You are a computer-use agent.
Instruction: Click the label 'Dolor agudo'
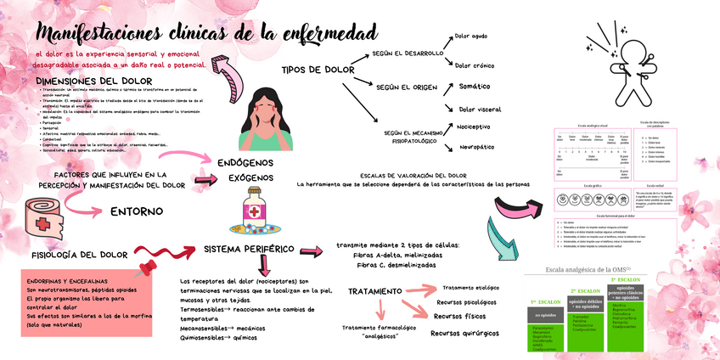click(471, 37)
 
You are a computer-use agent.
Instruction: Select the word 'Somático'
click(474, 87)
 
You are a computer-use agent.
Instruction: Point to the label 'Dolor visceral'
click(479, 110)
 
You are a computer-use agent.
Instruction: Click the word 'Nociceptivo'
click(474, 127)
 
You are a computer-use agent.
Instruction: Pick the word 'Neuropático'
click(475, 147)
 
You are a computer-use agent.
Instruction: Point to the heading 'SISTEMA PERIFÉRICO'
click(249, 250)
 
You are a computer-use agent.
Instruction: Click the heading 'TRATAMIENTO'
click(374, 291)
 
